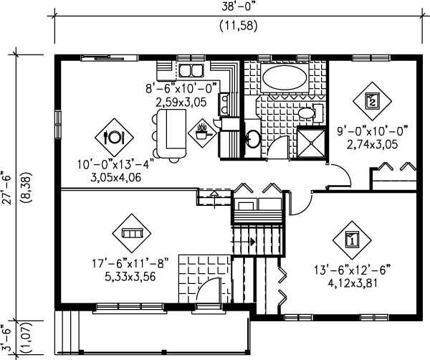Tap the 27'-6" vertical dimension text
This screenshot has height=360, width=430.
click(x=7, y=188)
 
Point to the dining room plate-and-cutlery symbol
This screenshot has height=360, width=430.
click(x=115, y=137)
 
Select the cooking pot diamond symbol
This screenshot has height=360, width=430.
click(x=202, y=133)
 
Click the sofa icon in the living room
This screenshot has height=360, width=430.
click(x=132, y=233)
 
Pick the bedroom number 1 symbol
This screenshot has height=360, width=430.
click(x=352, y=240)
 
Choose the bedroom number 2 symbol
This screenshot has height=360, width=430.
click(x=372, y=101)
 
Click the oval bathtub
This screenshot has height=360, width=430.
click(x=285, y=77)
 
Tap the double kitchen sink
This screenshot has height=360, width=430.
click(x=191, y=70)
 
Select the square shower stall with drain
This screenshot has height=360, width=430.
click(x=311, y=143)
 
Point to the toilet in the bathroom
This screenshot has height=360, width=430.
click(x=309, y=113)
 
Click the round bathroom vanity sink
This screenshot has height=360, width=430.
click(x=253, y=139)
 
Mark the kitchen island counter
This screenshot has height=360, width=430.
click(x=172, y=133)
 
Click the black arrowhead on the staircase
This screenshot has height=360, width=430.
click(x=252, y=242)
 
